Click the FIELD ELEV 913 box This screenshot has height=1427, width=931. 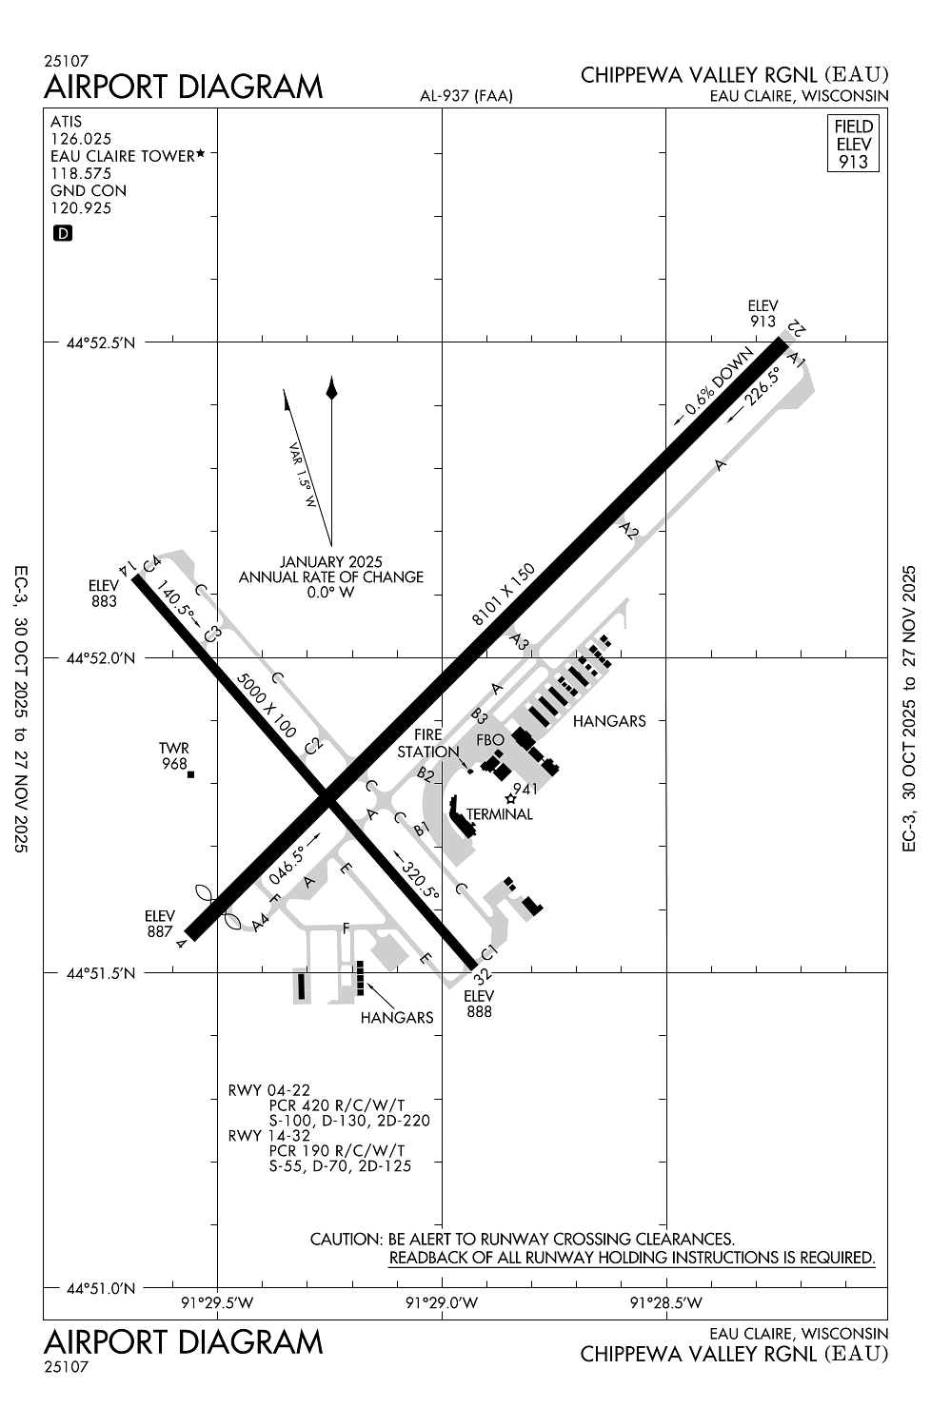853,144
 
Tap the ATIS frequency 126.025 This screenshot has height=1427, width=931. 81,139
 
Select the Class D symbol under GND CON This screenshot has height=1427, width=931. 63,233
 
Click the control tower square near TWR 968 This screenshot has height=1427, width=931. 190,774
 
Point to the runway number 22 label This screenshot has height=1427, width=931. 797,328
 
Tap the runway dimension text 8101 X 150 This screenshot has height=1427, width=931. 504,595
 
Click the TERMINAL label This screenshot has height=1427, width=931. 500,814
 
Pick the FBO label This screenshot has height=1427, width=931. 490,740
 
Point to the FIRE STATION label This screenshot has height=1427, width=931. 428,743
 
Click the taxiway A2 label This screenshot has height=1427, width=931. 627,531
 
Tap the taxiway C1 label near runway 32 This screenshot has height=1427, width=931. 489,952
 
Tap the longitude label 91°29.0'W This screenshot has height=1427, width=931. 442,1303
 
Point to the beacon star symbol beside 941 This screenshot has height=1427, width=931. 511,798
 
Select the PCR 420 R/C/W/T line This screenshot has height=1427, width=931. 337,1105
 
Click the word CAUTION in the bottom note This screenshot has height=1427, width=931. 346,1240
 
